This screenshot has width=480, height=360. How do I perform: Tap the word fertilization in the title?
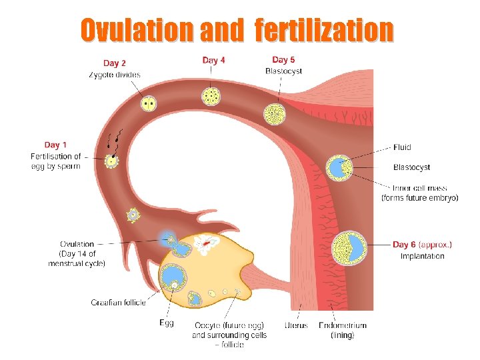pyautogui.click(x=324, y=29)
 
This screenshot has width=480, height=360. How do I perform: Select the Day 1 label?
pyautogui.click(x=55, y=145)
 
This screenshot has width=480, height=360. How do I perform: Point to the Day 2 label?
pyautogui.click(x=115, y=63)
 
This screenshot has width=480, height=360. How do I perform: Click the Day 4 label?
pyautogui.click(x=213, y=60)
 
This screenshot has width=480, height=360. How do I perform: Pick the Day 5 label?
pyautogui.click(x=284, y=60)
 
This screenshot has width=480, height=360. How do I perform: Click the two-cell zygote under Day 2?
pyautogui.click(x=149, y=103)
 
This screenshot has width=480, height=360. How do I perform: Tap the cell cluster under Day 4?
pyautogui.click(x=211, y=97)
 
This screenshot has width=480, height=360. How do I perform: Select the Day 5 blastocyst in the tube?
pyautogui.click(x=274, y=114)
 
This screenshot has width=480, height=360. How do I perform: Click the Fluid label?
pyautogui.click(x=402, y=147)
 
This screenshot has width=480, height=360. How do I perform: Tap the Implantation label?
pyautogui.click(x=422, y=256)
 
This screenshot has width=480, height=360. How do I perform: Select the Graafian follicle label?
pyautogui.click(x=118, y=302)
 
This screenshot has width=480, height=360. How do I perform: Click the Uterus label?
pyautogui.click(x=295, y=325)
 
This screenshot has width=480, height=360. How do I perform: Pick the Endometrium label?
pyautogui.click(x=342, y=325)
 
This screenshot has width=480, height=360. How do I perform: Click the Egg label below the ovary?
pyautogui.click(x=166, y=323)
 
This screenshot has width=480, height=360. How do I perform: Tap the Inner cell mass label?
pyautogui.click(x=420, y=188)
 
